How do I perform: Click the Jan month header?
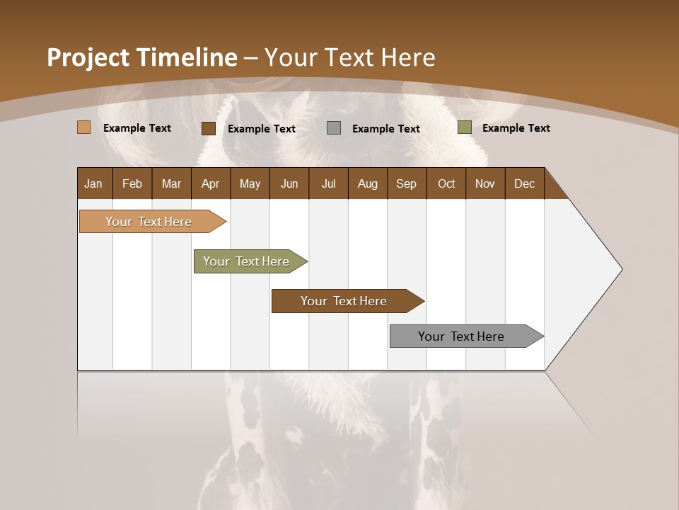pos(94,183)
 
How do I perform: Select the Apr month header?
pos(211,183)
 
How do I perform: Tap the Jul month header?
pos(328,183)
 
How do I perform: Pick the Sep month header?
pos(406,183)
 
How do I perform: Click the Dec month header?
pos(524,183)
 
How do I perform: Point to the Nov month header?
pos(484,183)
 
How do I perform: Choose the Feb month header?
pos(132,183)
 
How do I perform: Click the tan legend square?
pos(84,127)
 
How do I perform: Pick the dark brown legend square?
pos(209,128)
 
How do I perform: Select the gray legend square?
pos(334,127)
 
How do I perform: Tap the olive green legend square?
pos(464,127)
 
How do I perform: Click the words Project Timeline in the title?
pos(141,57)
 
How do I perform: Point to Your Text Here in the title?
pos(350,57)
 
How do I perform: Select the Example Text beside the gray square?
pos(385,128)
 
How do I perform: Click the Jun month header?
pos(289,183)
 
